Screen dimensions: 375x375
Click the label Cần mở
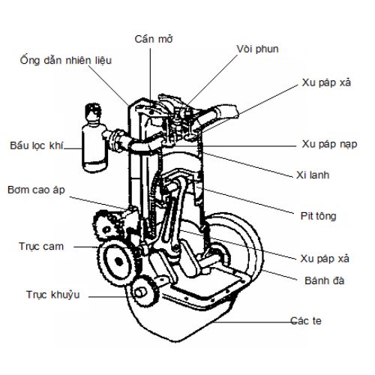[x=154, y=39]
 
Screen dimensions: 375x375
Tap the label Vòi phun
[x=257, y=49]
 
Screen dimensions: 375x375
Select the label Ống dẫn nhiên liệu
[x=66, y=60]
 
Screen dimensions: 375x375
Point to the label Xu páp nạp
[x=329, y=144]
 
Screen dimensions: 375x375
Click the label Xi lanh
[x=313, y=175]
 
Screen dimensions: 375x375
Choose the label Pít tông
[x=318, y=216]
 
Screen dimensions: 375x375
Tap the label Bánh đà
[x=325, y=280]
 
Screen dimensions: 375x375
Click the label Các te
[x=306, y=320]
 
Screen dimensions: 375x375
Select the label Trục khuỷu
[x=53, y=295]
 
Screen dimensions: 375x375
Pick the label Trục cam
[x=41, y=247]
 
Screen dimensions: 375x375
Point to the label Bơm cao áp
[x=36, y=190]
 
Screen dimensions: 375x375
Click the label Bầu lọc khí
[x=37, y=145]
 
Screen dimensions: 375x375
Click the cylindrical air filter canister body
[x=94, y=148]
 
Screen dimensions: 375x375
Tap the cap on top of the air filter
[x=93, y=112]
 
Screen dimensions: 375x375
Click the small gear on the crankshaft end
[x=143, y=290]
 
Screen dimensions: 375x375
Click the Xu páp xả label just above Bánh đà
[x=325, y=259]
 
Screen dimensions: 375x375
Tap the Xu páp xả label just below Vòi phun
[x=326, y=82]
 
